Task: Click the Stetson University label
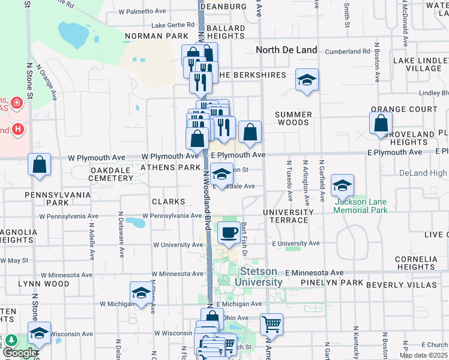pos(258,277)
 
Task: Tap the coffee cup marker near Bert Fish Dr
pos(228,233)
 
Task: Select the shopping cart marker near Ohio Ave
pos(271,325)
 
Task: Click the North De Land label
pos(286,50)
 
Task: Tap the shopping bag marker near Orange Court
pos(381,124)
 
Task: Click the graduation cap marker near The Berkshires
pos(307,80)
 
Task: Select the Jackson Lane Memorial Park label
pos(360,206)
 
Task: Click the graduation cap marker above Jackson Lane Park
pos(342,185)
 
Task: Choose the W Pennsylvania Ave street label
pos(172,215)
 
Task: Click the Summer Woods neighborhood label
pos(294,118)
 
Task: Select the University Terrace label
pos(288,216)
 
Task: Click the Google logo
pos(20,352)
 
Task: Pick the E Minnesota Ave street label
pos(314,272)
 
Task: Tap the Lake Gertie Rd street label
pos(173,25)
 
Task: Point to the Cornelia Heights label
pos(416,263)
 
